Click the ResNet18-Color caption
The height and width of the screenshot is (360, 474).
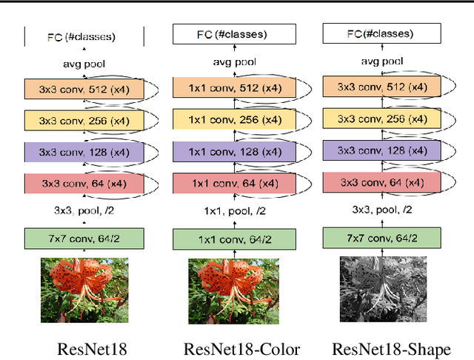click(242, 350)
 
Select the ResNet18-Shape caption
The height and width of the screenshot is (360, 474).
click(391, 350)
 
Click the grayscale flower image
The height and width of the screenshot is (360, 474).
click(384, 289)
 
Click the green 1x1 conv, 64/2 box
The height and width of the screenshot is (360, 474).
click(233, 240)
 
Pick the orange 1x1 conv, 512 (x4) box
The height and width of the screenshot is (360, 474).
click(233, 87)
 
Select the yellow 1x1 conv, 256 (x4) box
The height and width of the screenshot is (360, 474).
click(233, 119)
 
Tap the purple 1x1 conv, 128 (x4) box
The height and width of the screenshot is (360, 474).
click(233, 151)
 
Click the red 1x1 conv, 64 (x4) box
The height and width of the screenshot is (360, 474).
click(233, 183)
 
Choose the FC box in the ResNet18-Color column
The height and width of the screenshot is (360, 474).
click(233, 34)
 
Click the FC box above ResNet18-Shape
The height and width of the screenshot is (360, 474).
click(384, 33)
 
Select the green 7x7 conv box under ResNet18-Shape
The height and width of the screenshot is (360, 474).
click(384, 237)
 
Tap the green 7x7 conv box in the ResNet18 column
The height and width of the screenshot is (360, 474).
click(84, 239)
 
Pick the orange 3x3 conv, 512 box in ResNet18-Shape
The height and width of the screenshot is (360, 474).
click(384, 87)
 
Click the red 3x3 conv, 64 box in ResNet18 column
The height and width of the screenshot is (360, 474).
click(84, 183)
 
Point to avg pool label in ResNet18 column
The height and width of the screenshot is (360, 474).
click(84, 64)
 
